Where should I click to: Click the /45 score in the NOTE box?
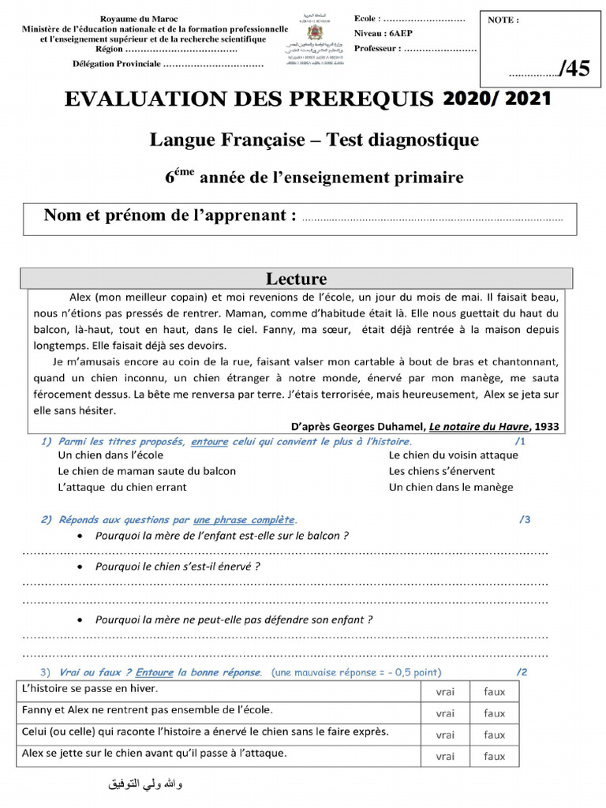574,69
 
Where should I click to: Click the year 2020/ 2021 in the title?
496,99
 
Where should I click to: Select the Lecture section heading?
296,279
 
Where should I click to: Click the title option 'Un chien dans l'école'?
111,455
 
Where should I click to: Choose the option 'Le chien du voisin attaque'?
453,455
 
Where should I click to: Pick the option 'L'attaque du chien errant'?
122,487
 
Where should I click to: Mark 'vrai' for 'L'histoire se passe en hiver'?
445,692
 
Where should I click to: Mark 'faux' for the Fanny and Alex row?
495,713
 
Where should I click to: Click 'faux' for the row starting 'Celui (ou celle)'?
495,735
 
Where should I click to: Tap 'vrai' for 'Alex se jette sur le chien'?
445,756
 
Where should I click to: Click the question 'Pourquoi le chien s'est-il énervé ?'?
178,567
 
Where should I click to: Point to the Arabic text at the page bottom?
144,785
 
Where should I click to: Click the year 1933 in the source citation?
546,426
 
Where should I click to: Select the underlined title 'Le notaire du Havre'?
479,426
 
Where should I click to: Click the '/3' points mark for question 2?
525,519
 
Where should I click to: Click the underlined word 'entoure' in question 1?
209,442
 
